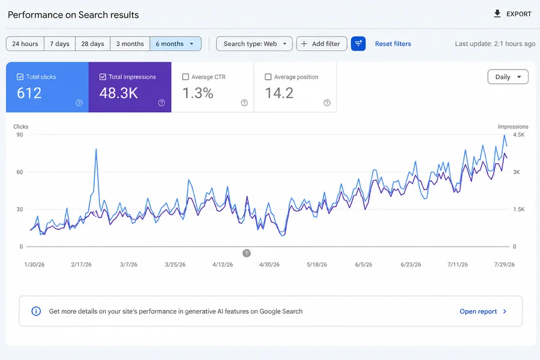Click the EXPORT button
pyautogui.click(x=513, y=14)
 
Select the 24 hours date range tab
pyautogui.click(x=25, y=44)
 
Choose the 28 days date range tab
pyautogui.click(x=92, y=44)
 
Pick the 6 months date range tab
pyautogui.click(x=175, y=44)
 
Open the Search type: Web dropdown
pyautogui.click(x=254, y=44)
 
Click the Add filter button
pyautogui.click(x=322, y=44)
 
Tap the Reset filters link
pyautogui.click(x=393, y=44)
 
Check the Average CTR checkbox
pyautogui.click(x=185, y=77)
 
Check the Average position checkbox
pyautogui.click(x=268, y=77)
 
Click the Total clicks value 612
pyautogui.click(x=29, y=93)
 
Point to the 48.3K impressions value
pyautogui.click(x=118, y=93)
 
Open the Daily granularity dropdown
pyautogui.click(x=508, y=77)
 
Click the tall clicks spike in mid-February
pyautogui.click(x=96, y=149)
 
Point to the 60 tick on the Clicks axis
pyautogui.click(x=20, y=172)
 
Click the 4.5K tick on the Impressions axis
pyautogui.click(x=518, y=134)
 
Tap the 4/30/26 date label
pyautogui.click(x=269, y=265)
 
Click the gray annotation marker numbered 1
pyautogui.click(x=247, y=253)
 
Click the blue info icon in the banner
pyautogui.click(x=36, y=311)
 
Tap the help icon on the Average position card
pyautogui.click(x=327, y=103)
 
